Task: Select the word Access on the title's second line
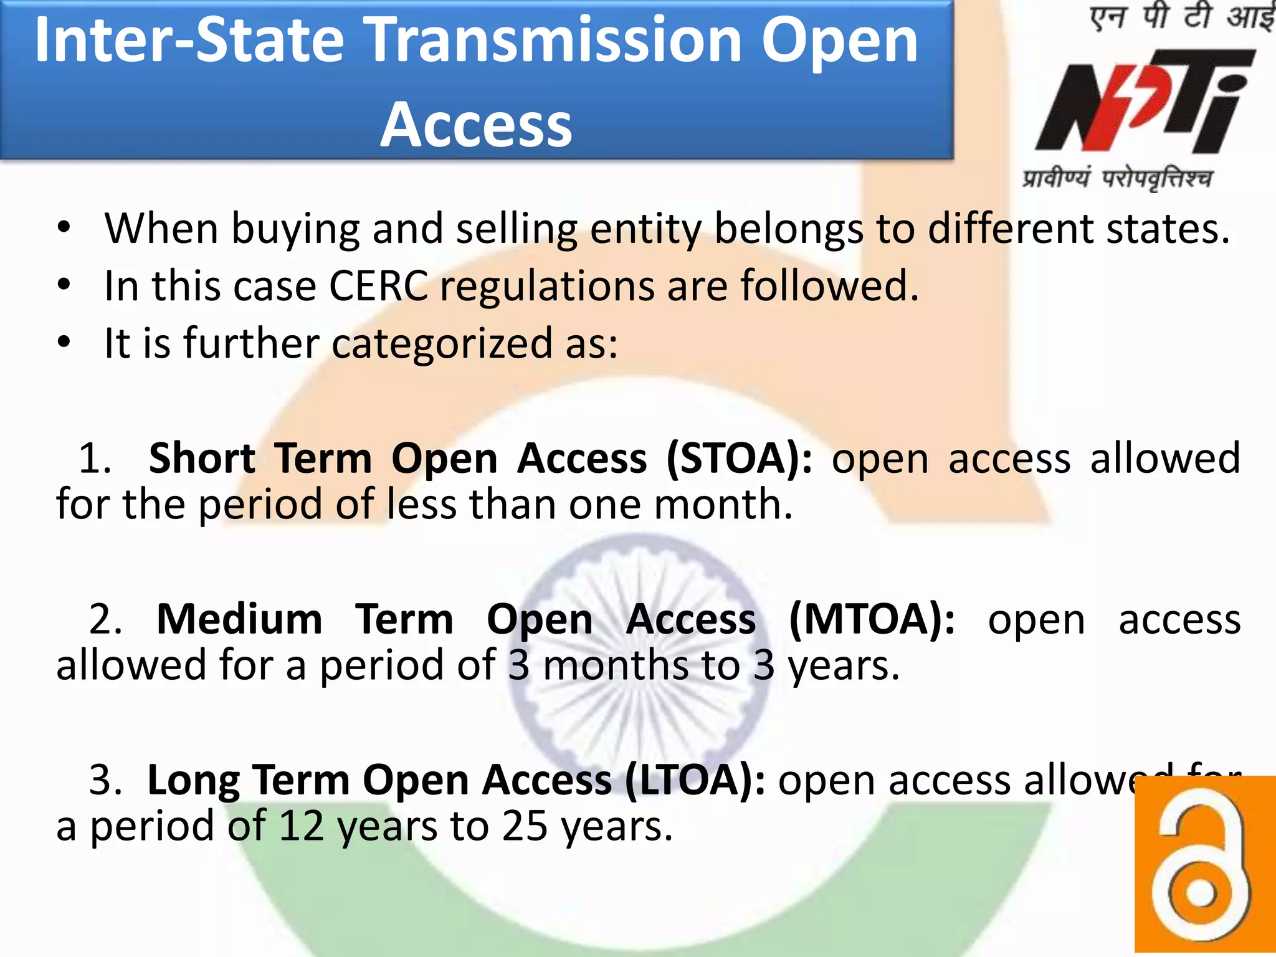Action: point(476,125)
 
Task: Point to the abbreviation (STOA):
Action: point(739,459)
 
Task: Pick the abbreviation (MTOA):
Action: point(871,620)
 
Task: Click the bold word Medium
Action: point(239,620)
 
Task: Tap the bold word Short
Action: point(202,459)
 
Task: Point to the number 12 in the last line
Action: point(302,827)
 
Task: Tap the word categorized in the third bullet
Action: point(442,344)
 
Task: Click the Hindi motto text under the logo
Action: point(1117,179)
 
